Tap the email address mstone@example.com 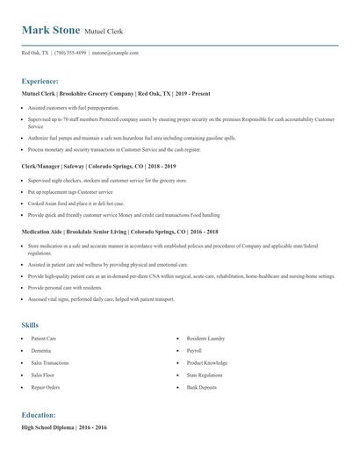pos(116,53)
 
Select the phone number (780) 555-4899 pos(70,53)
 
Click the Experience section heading pos(40,80)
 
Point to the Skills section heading pos(31,325)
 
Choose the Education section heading pos(40,414)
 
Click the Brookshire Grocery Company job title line pos(116,93)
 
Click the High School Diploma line pos(64,427)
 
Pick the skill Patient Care pos(44,338)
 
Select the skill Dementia pos(40,350)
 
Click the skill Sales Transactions pos(50,362)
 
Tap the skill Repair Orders pos(46,387)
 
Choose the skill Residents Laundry pos(205,338)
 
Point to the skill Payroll pos(194,350)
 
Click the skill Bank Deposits pos(200,387)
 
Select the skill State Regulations pos(205,375)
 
